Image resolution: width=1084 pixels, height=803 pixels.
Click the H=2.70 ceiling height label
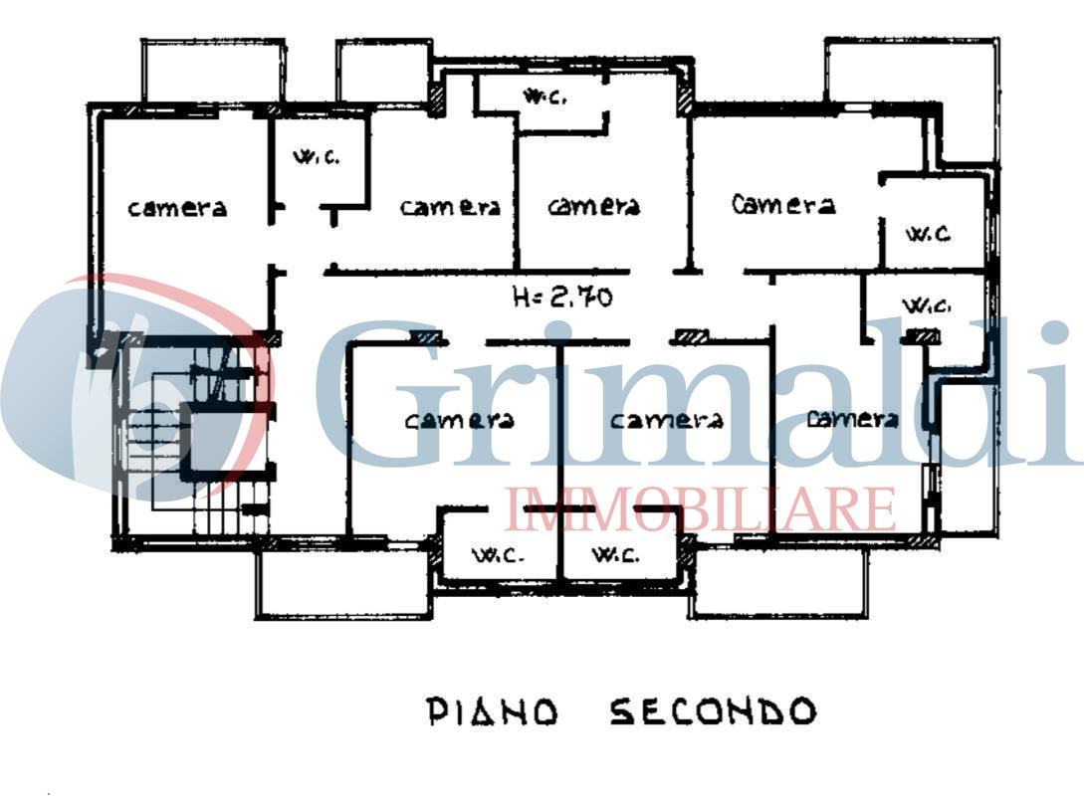tap(562, 298)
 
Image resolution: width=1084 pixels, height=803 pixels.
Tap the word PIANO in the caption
tap(493, 711)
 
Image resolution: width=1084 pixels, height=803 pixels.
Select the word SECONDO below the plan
tap(713, 711)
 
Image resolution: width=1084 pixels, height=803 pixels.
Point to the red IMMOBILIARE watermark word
tap(701, 508)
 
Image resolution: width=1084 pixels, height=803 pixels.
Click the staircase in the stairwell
tap(193, 439)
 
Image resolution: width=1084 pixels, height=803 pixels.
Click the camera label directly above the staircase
tap(177, 208)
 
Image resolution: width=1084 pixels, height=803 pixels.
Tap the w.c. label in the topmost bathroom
tap(545, 97)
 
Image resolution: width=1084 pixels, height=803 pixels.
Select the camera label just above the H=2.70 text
tap(594, 206)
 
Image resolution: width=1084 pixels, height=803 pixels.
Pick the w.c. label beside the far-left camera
tap(317, 156)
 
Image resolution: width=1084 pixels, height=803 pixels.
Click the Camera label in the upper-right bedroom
tap(783, 204)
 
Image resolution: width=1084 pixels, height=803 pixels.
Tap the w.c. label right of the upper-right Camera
tap(928, 234)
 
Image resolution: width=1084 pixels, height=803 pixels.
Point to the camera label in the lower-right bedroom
tap(852, 419)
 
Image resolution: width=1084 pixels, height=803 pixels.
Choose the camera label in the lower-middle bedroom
tap(667, 420)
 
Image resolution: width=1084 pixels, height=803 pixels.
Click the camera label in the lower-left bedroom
tap(459, 420)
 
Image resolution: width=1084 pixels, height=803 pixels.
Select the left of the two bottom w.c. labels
tap(499, 554)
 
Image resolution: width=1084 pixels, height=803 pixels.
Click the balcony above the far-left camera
tap(213, 72)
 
